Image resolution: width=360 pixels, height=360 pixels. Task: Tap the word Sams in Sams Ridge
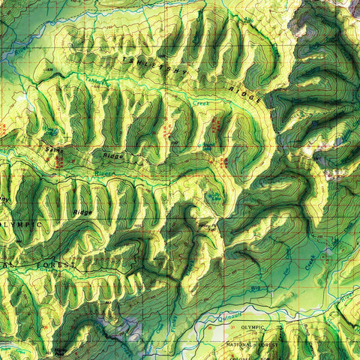pyautogui.click(x=54, y=149)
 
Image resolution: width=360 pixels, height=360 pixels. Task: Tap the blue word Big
pyautogui.click(x=255, y=286)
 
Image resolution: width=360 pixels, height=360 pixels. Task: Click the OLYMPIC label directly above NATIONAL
pyautogui.click(x=253, y=328)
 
